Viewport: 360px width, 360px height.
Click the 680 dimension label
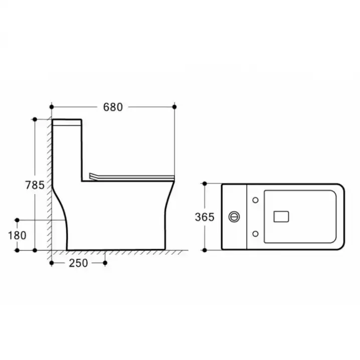[x=113, y=107]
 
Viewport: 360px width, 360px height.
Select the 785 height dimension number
[x=35, y=185]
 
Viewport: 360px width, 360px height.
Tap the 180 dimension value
[x=17, y=235]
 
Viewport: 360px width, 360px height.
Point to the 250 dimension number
[x=78, y=263]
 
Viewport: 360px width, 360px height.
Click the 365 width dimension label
[x=205, y=217]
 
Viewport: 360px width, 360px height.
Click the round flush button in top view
[x=234, y=217]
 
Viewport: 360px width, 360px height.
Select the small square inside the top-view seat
[x=281, y=217]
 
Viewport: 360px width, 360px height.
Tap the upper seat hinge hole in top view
[x=255, y=200]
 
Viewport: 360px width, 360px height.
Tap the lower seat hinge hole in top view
[x=255, y=234]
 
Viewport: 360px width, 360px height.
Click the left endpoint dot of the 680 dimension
[x=52, y=107]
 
